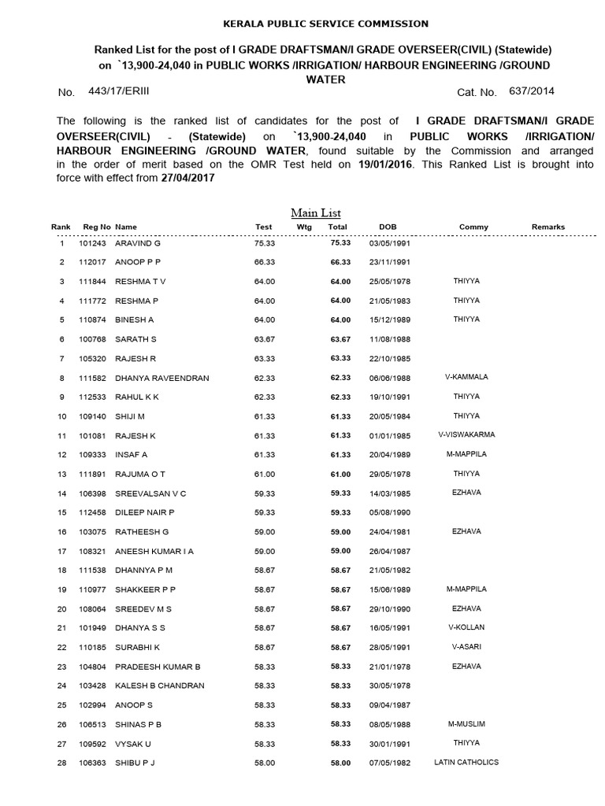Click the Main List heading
pos(315,213)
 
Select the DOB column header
pos(388,227)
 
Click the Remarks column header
pos(547,227)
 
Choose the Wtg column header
pos(304,227)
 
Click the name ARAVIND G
pos(138,243)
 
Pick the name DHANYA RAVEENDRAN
pos(162,378)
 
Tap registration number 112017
pos(95,262)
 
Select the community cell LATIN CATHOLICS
pos(466,762)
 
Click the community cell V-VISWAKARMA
pos(466,434)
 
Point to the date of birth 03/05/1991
pos(386,243)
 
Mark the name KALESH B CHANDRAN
pos(160,685)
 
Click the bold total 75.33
pos(339,243)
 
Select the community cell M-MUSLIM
pos(466,723)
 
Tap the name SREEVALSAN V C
pos(151,493)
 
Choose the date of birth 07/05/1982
pos(386,762)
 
